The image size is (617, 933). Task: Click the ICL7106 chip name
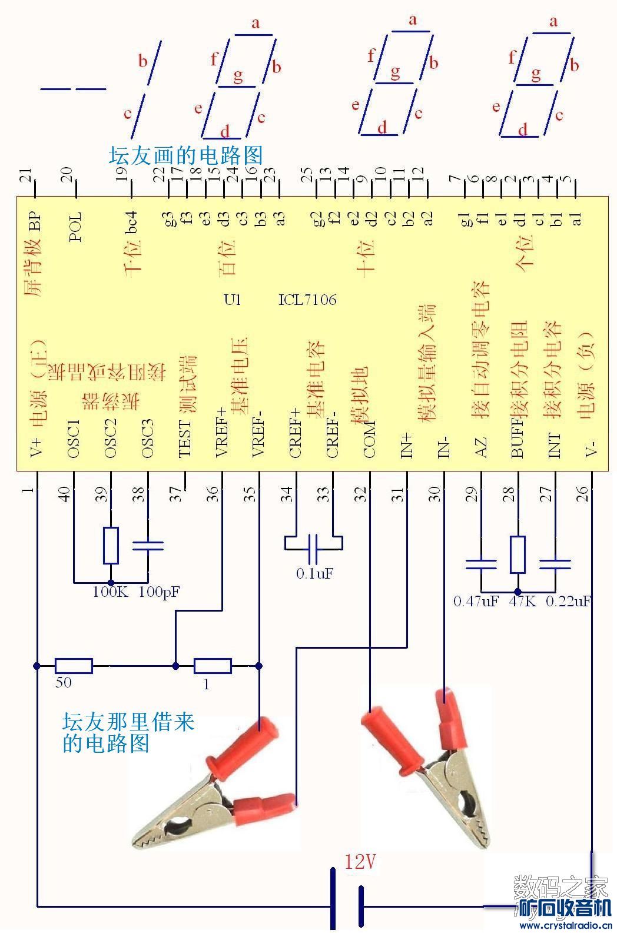pyautogui.click(x=307, y=300)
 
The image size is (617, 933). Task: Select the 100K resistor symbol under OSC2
pyautogui.click(x=111, y=544)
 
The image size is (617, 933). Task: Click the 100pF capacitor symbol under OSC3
pyautogui.click(x=148, y=546)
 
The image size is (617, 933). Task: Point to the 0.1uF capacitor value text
pyautogui.click(x=315, y=573)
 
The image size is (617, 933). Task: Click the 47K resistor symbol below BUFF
pyautogui.click(x=518, y=555)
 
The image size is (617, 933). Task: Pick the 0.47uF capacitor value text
pyautogui.click(x=476, y=602)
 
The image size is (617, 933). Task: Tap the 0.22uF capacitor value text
pyautogui.click(x=568, y=602)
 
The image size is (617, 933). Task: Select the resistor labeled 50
pyautogui.click(x=74, y=666)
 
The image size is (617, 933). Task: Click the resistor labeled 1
pyautogui.click(x=213, y=666)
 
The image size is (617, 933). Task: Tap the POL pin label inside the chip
pyautogui.click(x=75, y=227)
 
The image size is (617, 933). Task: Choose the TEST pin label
pyautogui.click(x=184, y=439)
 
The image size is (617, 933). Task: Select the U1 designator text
pyautogui.click(x=233, y=300)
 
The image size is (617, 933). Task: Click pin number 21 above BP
pyautogui.click(x=25, y=175)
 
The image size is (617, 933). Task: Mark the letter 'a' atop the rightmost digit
pyautogui.click(x=553, y=22)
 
